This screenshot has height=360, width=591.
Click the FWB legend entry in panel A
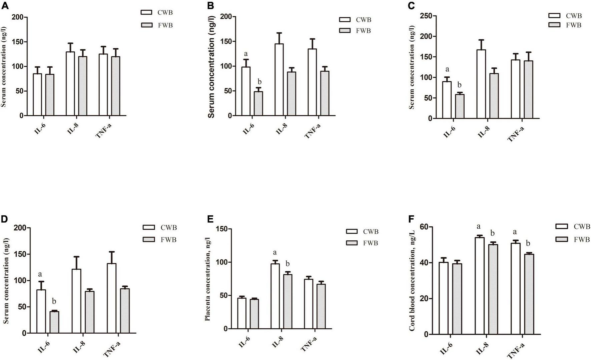pyautogui.click(x=157, y=25)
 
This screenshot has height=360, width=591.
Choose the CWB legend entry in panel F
pyautogui.click(x=573, y=227)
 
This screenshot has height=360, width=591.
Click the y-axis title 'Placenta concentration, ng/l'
pyautogui.click(x=207, y=279)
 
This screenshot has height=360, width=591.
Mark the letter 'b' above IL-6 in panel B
pyautogui.click(x=260, y=82)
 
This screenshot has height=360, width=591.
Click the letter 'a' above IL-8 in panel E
pyautogui.click(x=275, y=252)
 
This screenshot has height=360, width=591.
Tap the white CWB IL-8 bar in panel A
pyautogui.click(x=70, y=84)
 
